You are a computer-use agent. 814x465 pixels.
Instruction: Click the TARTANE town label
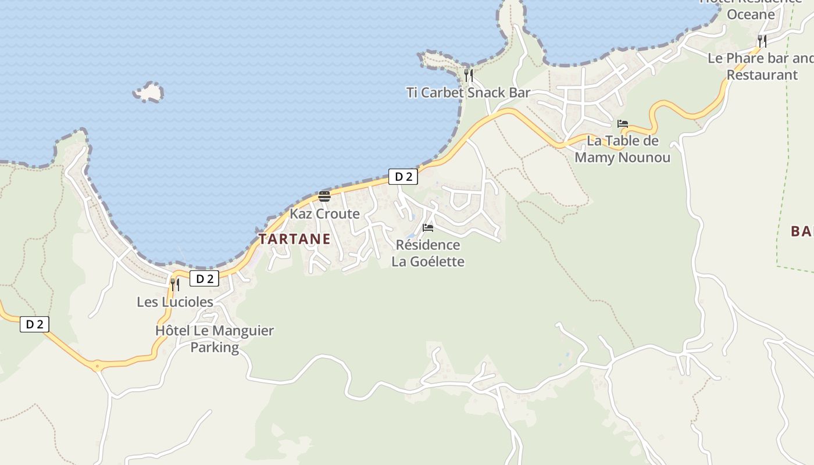[295, 239]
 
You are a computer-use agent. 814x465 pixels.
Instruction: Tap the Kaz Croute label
[324, 214]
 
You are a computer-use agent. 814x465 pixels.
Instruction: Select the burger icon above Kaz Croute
[324, 196]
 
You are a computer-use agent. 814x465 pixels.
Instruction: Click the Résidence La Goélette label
[428, 253]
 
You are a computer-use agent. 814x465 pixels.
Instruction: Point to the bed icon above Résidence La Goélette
[428, 228]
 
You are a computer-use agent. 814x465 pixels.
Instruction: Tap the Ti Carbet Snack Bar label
[468, 92]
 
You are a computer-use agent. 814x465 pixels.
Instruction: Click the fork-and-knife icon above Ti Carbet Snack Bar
[468, 76]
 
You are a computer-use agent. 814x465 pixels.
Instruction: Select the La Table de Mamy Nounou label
[622, 149]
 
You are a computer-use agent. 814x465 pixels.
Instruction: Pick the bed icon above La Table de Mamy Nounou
[623, 124]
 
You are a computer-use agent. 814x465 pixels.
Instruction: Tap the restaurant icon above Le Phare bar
[762, 41]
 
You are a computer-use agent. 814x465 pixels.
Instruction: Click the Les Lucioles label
[175, 302]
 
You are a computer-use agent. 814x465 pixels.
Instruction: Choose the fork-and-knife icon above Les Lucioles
[174, 284]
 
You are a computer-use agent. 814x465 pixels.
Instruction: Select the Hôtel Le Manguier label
[214, 331]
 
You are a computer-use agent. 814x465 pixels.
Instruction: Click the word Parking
[215, 348]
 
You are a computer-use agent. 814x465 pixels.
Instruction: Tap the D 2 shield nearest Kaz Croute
[403, 177]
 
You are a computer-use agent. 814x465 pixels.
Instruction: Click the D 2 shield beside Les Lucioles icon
[204, 279]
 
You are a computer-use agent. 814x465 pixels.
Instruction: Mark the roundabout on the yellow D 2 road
[97, 366]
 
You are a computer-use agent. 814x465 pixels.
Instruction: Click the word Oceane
[751, 15]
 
